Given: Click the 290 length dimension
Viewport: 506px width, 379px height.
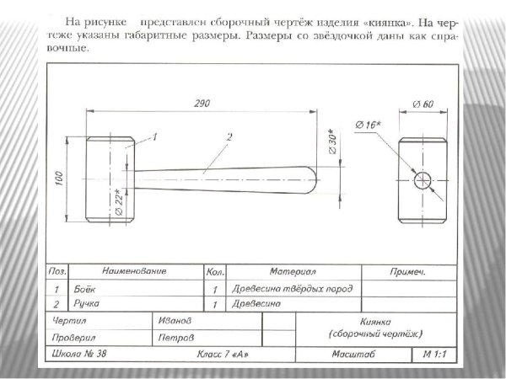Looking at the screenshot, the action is click(x=202, y=103).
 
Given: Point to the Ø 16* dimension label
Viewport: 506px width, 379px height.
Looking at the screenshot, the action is click(x=369, y=125).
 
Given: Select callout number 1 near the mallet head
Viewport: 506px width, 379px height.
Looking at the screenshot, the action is click(x=154, y=135).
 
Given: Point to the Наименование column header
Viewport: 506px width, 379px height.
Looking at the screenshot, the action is click(x=134, y=272).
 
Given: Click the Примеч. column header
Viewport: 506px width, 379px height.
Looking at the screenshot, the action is click(x=408, y=272).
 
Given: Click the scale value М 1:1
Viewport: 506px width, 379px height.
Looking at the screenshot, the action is click(x=435, y=354).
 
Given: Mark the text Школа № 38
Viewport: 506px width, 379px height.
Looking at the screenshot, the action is click(x=75, y=354).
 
